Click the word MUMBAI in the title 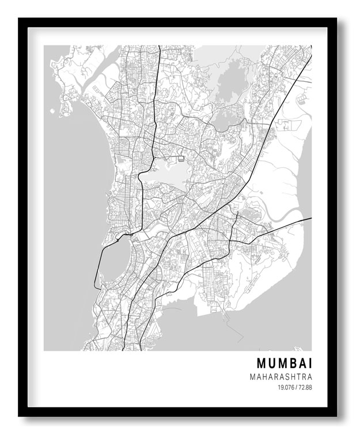click(x=284, y=363)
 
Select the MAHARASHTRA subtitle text click(x=281, y=377)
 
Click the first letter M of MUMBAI click(x=262, y=363)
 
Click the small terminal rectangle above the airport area click(x=181, y=155)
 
